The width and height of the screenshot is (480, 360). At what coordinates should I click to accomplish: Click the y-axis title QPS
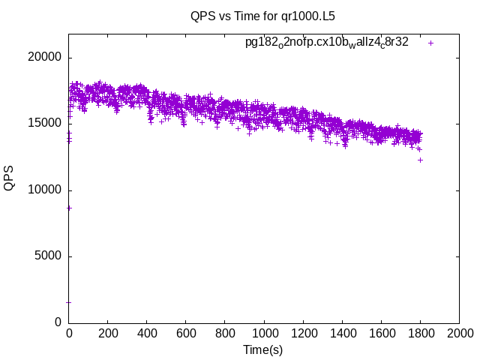pyautogui.click(x=10, y=178)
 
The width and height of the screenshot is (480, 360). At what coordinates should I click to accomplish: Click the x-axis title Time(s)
pyautogui.click(x=262, y=349)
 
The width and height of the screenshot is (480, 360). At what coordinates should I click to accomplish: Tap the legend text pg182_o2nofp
pyautogui.click(x=326, y=43)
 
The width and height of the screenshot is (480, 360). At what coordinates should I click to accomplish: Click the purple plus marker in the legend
pyautogui.click(x=430, y=43)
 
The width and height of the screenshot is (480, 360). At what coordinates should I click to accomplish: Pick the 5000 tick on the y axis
pyautogui.click(x=48, y=256)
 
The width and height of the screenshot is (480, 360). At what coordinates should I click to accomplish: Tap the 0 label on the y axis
pyautogui.click(x=58, y=322)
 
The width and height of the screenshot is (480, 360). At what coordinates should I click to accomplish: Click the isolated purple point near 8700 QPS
pyautogui.click(x=69, y=208)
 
